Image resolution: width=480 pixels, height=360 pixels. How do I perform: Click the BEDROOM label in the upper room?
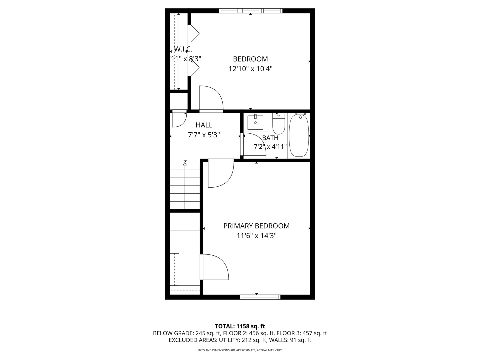[250, 59]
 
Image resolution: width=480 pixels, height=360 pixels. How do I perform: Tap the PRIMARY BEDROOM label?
[256, 226]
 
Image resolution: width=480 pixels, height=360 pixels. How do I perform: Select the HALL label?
[204, 125]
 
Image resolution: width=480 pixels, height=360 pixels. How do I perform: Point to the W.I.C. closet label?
[183, 49]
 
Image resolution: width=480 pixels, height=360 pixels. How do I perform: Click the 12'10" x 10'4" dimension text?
[250, 69]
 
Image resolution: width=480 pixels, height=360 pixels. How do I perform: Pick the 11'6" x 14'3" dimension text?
[257, 236]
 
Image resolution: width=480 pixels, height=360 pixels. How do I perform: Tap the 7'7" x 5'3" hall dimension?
[204, 135]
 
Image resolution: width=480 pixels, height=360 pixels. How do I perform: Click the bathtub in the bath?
[299, 136]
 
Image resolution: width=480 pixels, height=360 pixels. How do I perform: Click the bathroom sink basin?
[255, 123]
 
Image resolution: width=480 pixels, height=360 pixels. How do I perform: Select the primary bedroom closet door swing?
[215, 267]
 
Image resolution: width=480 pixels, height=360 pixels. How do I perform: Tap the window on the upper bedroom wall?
[251, 11]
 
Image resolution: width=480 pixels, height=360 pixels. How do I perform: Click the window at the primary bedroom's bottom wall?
[260, 297]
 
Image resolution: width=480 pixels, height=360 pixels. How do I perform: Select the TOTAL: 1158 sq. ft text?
[240, 326]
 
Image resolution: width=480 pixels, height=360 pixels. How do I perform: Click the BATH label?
[270, 138]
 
